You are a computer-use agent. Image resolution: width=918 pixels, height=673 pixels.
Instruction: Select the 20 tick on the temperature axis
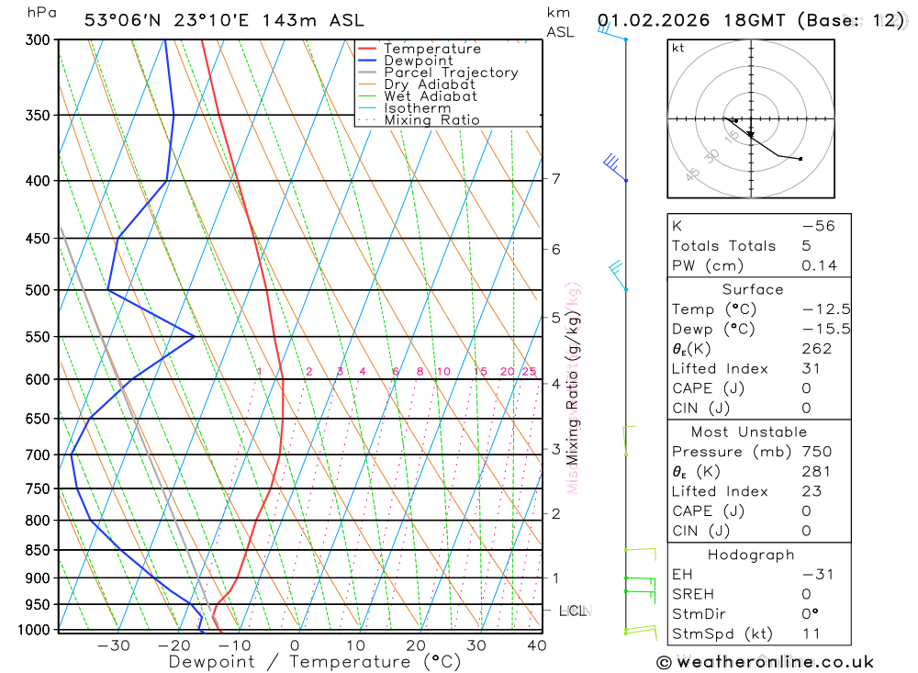[415, 645]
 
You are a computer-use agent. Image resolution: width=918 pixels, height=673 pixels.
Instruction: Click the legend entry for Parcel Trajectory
[451, 73]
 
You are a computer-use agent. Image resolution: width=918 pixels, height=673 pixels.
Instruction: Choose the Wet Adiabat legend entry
[431, 96]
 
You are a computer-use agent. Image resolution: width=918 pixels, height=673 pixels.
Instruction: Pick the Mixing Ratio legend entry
[431, 120]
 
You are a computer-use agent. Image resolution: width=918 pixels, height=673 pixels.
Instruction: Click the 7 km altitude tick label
[556, 178]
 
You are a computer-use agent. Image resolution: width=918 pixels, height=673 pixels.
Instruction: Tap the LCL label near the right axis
[574, 610]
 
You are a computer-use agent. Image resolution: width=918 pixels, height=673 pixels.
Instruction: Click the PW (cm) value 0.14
[819, 265]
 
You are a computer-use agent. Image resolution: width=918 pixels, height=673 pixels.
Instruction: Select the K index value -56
[818, 226]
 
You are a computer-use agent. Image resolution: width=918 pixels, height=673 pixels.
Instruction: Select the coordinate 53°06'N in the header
[122, 20]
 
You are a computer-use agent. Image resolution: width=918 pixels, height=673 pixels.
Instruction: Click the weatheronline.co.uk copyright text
[766, 661]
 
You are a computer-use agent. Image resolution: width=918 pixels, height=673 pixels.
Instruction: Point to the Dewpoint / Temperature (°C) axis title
[315, 661]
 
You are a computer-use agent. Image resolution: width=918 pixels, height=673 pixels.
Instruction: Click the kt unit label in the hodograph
[678, 48]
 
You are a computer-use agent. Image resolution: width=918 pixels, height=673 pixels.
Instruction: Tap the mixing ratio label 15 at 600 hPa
[480, 372]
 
